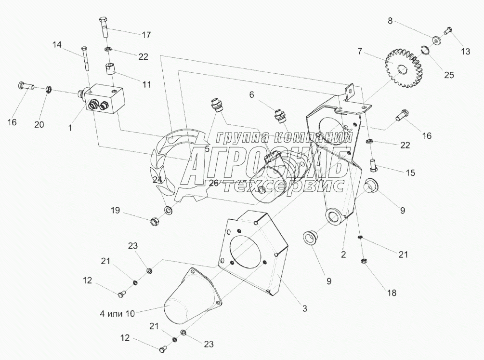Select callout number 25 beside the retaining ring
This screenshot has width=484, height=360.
pyautogui.click(x=448, y=75)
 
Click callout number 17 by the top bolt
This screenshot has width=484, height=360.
pyautogui.click(x=146, y=35)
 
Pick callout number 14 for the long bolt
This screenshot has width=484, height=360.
pyautogui.click(x=57, y=45)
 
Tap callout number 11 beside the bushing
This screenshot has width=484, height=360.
pyautogui.click(x=146, y=84)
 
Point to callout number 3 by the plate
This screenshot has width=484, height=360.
pyautogui.click(x=304, y=307)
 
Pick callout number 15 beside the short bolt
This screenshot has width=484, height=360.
pyautogui.click(x=410, y=172)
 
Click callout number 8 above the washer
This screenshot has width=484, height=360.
pyautogui.click(x=391, y=21)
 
